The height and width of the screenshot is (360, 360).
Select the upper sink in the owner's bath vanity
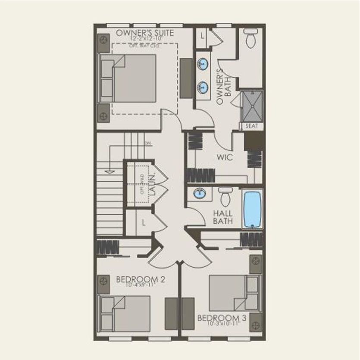pyautogui.click(x=202, y=65)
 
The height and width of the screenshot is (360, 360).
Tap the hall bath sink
pyautogui.click(x=199, y=194)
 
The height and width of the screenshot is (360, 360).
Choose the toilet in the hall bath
pyautogui.click(x=225, y=197)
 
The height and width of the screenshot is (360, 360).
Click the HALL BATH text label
pyautogui.click(x=223, y=217)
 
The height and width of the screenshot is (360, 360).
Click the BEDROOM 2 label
pyautogui.click(x=141, y=280)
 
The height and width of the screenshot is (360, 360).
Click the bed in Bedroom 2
pyautogui.click(x=125, y=313)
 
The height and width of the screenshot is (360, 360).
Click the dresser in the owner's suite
pyautogui.click(x=186, y=78)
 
